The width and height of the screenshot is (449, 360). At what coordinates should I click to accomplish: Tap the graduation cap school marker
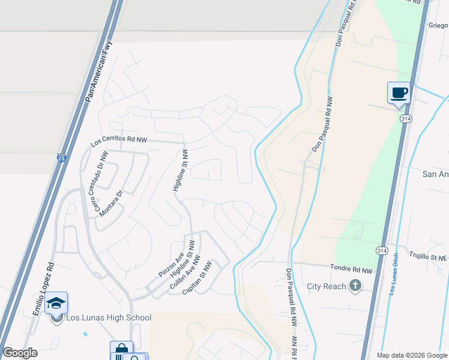coord(56,303)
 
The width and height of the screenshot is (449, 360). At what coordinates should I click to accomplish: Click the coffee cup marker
coord(399,93)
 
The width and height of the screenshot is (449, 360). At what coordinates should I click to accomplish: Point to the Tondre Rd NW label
coord(352,271)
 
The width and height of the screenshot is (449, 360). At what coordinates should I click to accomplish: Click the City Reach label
coord(326,286)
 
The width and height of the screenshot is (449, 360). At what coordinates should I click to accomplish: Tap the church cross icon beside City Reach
coord(355,286)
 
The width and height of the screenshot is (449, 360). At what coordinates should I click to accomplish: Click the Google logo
coord(20,353)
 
